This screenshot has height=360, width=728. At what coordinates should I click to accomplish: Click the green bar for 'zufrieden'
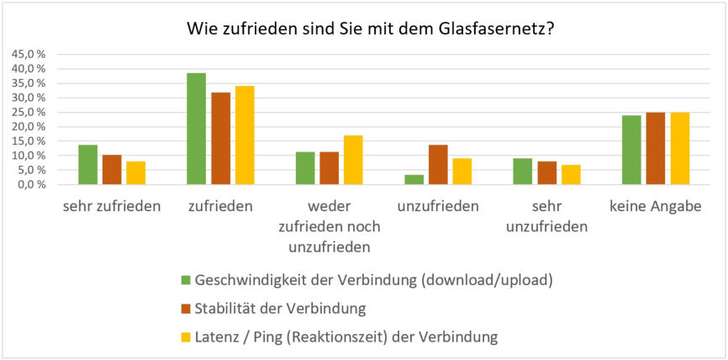click(196, 129)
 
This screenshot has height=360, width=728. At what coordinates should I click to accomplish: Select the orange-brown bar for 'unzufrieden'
click(438, 165)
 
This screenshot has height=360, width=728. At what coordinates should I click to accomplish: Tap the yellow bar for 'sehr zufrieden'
click(135, 172)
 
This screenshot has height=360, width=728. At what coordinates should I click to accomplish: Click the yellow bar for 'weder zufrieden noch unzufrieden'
click(353, 160)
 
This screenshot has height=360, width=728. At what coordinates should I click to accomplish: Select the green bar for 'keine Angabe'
click(631, 150)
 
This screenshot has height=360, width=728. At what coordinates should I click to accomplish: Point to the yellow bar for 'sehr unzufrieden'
click(571, 174)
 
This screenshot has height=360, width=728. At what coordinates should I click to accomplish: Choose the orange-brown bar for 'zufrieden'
click(220, 139)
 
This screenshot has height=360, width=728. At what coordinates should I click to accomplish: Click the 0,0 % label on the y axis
click(30, 184)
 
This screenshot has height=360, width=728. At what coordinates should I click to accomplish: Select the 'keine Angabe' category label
click(656, 206)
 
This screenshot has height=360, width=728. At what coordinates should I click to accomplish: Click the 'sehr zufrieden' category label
click(112, 206)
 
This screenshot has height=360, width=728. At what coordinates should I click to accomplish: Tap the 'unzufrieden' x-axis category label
click(438, 206)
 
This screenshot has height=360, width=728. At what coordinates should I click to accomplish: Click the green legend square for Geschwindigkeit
click(186, 280)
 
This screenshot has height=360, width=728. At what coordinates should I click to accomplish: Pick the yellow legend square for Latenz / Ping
click(186, 337)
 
